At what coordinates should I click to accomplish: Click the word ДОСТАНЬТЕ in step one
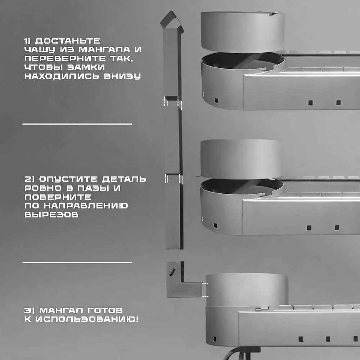pos(68,41)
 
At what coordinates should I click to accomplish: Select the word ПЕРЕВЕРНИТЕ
pos(65,58)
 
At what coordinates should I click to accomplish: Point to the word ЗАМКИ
pos(86,67)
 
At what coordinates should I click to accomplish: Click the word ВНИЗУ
pos(122,76)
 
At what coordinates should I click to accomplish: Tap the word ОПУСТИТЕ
pos(69,179)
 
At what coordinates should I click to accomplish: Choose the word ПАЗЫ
pos(93,188)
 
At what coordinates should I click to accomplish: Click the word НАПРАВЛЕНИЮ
pos(86,206)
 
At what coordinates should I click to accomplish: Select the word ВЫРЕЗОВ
pos(51,215)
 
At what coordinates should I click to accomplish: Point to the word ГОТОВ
pos(105,310)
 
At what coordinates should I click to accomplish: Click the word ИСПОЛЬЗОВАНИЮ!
pos(87,319)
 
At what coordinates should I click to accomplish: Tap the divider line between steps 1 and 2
pos(77,124)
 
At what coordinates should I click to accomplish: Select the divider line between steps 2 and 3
pos(77,262)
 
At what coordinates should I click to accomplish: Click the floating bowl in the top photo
pos(243,32)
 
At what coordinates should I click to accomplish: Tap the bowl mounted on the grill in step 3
pos(247,290)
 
